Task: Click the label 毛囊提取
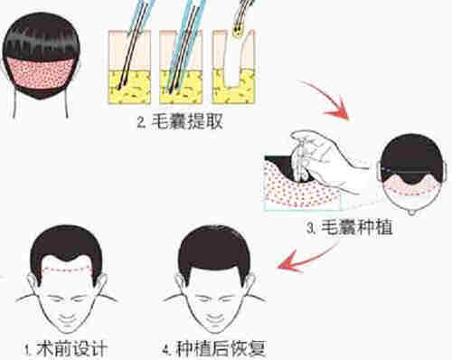(x=187, y=121)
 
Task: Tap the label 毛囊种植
(x=357, y=227)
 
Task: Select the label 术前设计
(x=71, y=349)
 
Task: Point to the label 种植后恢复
(x=221, y=349)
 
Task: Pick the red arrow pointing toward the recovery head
(x=305, y=260)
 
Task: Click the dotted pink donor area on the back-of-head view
(x=40, y=73)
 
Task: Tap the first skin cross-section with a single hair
(x=129, y=67)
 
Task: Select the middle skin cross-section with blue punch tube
(x=181, y=67)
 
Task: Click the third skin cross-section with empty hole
(x=233, y=67)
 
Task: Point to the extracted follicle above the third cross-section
(x=238, y=30)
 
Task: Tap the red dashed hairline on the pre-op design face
(x=67, y=270)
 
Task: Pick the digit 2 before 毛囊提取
(x=141, y=123)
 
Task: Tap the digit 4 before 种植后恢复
(x=166, y=351)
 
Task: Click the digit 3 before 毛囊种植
(x=310, y=228)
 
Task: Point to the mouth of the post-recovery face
(x=214, y=317)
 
